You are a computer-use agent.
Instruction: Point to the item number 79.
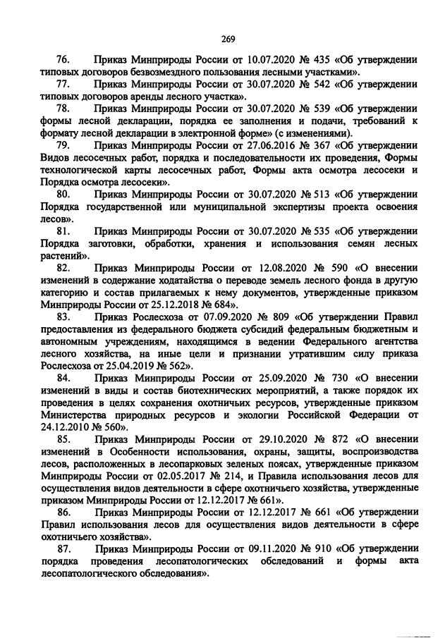pos(62,145)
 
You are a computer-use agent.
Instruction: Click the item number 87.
pos(62,546)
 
